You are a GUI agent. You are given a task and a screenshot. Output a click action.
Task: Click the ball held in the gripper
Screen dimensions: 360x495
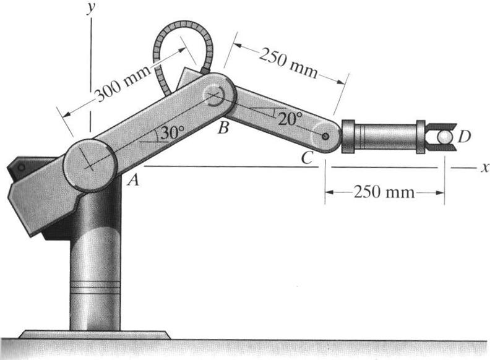pos(444,136)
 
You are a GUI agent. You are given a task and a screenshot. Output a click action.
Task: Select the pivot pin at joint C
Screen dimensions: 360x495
pos(325,135)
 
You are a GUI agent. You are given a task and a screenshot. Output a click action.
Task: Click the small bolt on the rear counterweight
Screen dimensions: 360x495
pos(20,167)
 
